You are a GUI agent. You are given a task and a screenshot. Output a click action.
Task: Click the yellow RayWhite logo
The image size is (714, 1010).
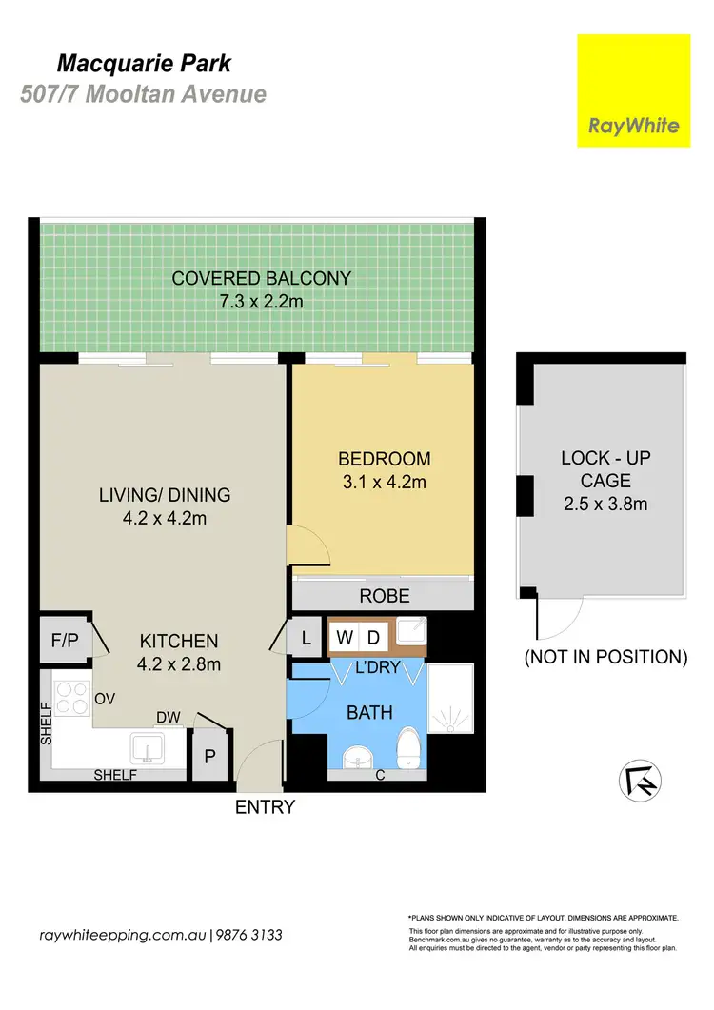point(633,90)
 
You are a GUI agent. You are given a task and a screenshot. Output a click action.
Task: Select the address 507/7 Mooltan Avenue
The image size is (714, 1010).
point(143,94)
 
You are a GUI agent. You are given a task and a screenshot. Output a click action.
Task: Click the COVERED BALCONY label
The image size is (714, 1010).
point(261,278)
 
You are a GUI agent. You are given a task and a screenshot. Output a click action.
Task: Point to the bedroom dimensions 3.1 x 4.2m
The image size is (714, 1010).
point(385,482)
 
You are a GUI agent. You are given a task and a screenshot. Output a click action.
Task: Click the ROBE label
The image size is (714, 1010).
point(385,597)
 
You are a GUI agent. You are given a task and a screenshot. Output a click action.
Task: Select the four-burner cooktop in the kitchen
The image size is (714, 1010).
point(70,701)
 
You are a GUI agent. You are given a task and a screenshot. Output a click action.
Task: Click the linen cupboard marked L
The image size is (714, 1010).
point(307,639)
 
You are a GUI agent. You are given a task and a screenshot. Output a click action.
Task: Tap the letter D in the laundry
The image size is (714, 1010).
point(374,636)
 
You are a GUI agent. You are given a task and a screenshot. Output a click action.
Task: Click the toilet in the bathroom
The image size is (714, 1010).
point(407,747)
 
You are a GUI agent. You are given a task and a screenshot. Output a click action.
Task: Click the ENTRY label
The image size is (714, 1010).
point(265,807)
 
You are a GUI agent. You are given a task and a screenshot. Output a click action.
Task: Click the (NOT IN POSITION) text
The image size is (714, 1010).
point(606,657)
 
